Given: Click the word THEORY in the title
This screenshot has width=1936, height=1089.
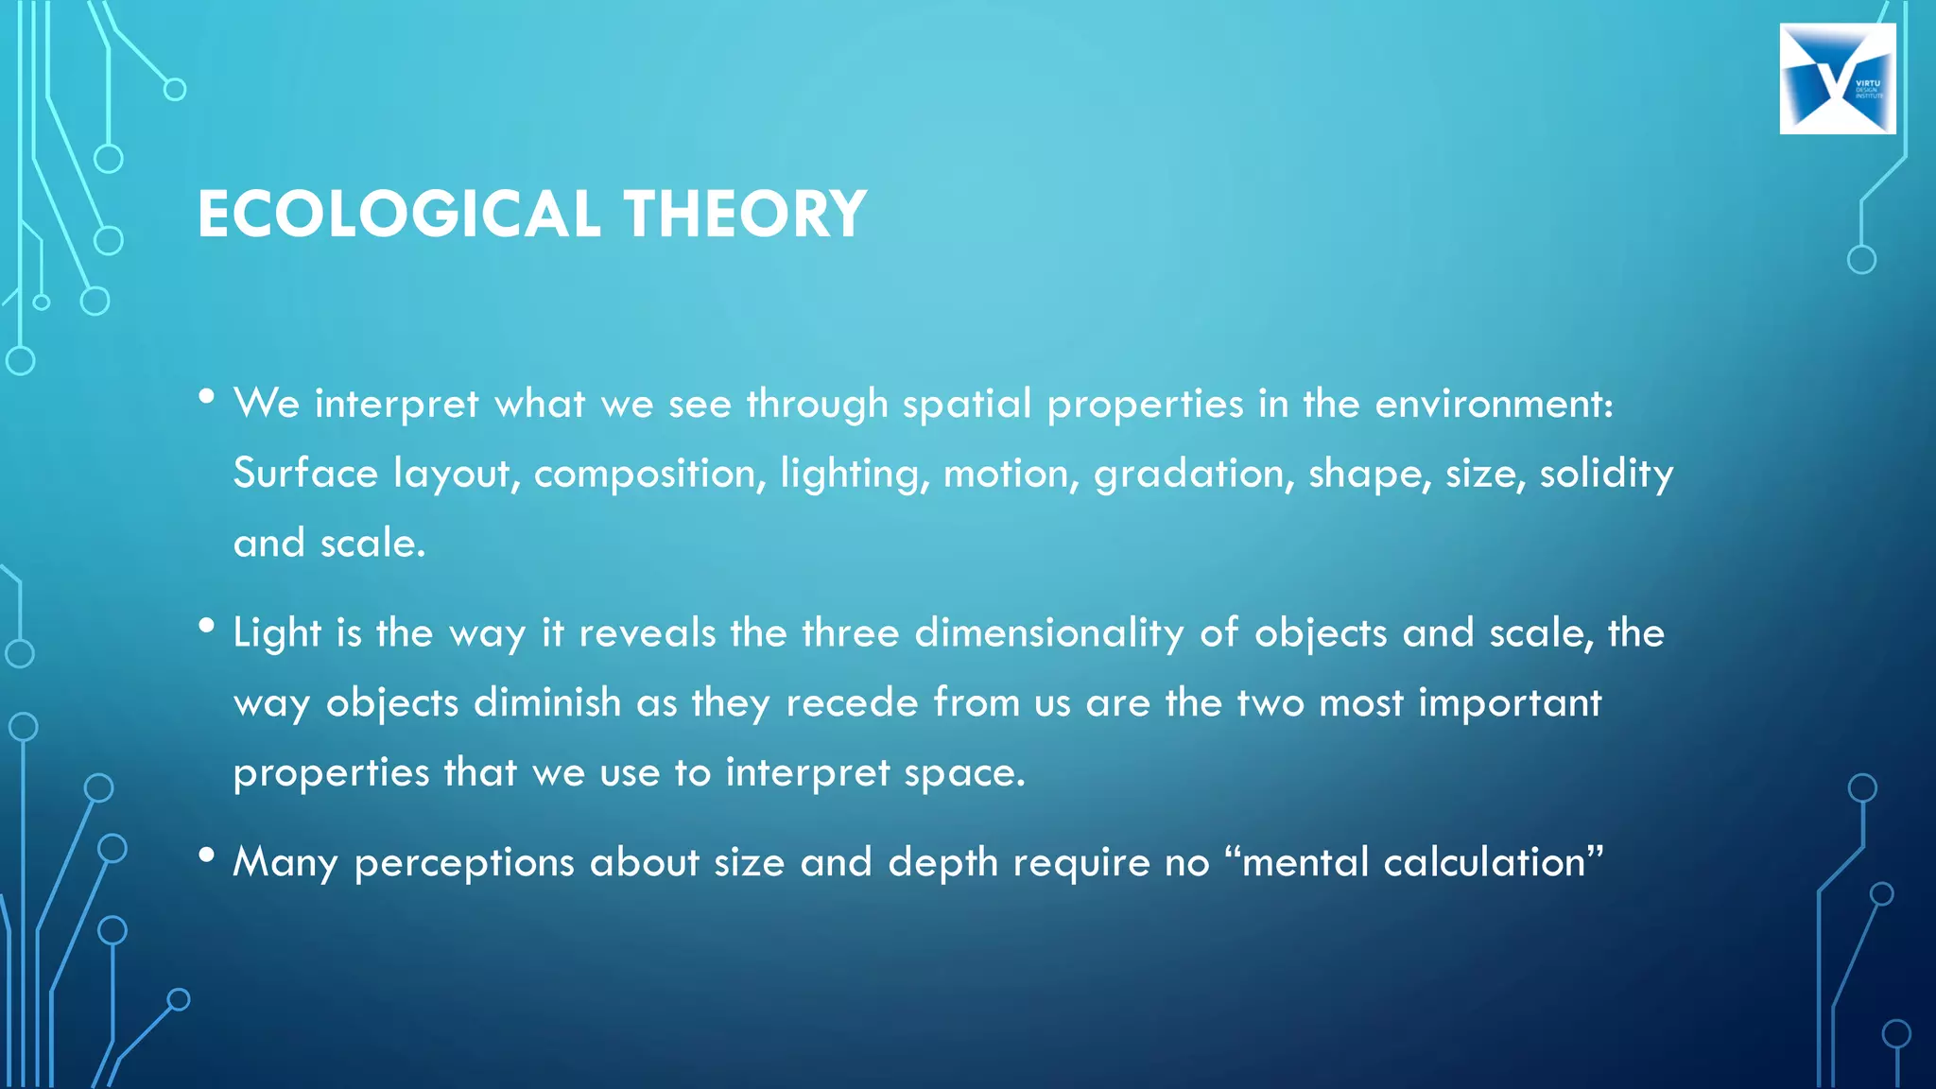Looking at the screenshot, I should pos(745,214).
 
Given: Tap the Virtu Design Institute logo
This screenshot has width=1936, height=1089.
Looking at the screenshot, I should pos(1837,78).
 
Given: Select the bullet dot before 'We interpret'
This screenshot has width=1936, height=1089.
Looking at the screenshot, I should pos(207,397).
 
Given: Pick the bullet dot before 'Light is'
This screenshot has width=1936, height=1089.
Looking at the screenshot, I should pos(207,626).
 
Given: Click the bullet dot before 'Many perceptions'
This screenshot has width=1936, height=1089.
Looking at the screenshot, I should pos(207,856).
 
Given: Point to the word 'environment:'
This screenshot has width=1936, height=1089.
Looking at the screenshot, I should pos(1494,405).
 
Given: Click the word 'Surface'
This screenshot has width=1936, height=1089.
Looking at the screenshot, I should pos(305,473).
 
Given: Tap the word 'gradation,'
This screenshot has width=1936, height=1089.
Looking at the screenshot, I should pos(1194,475).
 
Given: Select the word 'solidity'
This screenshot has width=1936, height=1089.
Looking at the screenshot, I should pos(1606,475).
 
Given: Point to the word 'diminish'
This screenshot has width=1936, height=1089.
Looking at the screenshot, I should pos(547,703).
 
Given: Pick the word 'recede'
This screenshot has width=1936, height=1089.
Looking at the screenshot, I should pos(852,703).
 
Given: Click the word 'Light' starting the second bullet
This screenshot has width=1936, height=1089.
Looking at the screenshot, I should pos(277,633).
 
